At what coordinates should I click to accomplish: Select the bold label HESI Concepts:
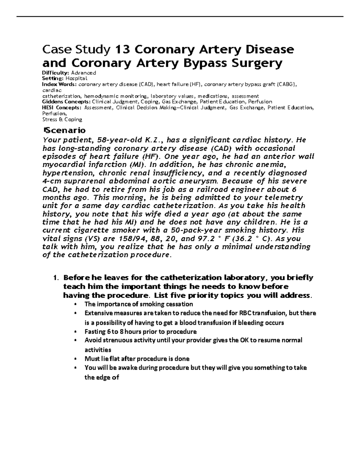point(61,107)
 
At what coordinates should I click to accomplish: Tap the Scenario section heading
point(64,130)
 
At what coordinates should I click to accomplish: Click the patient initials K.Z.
point(154,140)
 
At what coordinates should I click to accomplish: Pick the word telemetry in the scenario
point(283,198)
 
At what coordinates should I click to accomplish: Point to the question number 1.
point(55,278)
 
